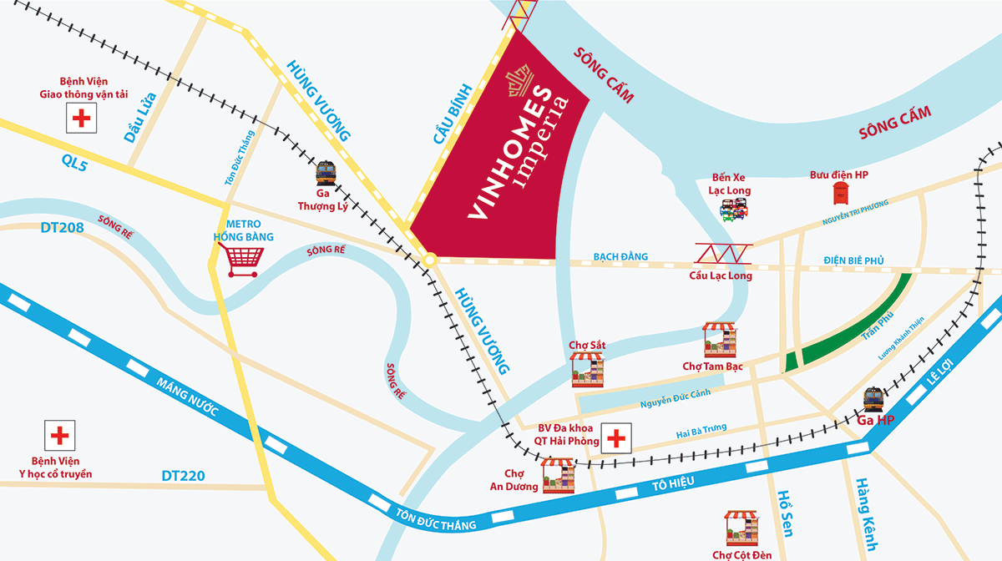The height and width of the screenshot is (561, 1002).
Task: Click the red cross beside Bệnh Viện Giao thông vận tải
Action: (x=81, y=119)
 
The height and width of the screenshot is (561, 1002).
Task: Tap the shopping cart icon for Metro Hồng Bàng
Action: (x=243, y=261)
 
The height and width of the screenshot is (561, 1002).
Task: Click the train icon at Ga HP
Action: (x=874, y=399)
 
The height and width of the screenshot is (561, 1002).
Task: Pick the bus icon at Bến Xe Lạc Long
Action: (x=735, y=210)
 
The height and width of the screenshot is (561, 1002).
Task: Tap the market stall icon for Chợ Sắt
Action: (x=587, y=369)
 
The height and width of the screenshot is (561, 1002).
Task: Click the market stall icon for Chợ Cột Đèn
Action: (x=741, y=528)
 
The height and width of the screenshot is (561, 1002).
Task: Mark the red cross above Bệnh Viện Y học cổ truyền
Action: (x=58, y=436)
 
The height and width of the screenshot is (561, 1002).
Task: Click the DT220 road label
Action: (x=183, y=477)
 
